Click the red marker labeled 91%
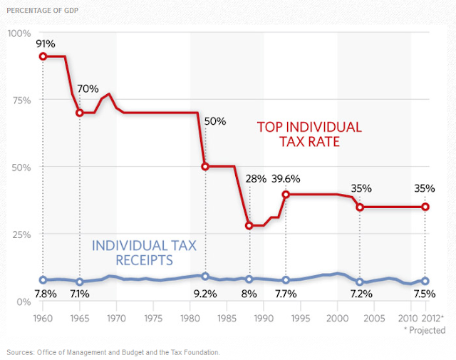[x=43, y=56]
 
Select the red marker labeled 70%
[x=80, y=113]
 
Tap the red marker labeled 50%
[x=205, y=166]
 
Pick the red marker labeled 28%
[x=249, y=225]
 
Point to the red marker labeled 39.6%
[x=286, y=194]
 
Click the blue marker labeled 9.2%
[x=205, y=276]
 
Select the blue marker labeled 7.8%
[x=43, y=279]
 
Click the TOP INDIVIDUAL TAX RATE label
[x=309, y=135]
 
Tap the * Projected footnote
[x=424, y=330]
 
